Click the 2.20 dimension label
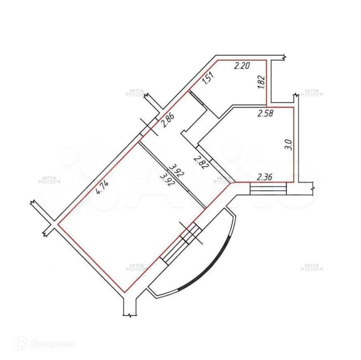click(x=242, y=66)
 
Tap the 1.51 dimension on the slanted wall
click(x=208, y=80)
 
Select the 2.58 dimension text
click(x=265, y=113)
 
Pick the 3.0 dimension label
click(x=288, y=144)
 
